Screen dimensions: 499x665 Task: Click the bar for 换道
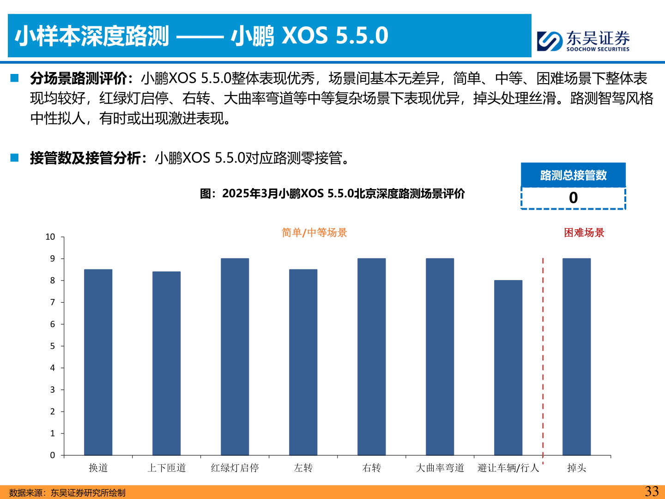click(x=98, y=362)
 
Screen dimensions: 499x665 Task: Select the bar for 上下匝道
click(x=166, y=363)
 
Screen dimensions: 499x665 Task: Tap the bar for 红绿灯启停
click(x=235, y=357)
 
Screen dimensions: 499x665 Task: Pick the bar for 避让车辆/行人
click(x=508, y=367)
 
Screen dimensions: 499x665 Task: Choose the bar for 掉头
click(x=576, y=357)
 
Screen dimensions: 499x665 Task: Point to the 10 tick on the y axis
click(x=50, y=237)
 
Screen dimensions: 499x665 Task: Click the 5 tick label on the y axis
click(x=53, y=346)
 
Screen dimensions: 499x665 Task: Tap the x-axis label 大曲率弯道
click(x=440, y=468)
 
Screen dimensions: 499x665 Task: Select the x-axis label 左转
click(x=303, y=468)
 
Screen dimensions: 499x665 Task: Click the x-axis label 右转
click(x=371, y=468)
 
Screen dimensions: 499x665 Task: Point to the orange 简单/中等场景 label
click(x=314, y=232)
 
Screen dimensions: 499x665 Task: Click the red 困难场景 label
click(x=584, y=232)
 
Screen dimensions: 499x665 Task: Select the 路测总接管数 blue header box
click(x=573, y=175)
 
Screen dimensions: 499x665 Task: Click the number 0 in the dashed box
click(x=573, y=198)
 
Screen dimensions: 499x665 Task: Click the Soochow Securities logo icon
click(x=550, y=41)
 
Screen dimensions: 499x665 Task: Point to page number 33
click(x=652, y=491)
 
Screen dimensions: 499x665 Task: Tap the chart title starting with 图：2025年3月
click(x=332, y=194)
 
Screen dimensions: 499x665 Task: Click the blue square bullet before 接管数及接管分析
click(x=15, y=158)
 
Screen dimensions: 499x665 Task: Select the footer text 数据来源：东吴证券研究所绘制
click(x=67, y=493)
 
